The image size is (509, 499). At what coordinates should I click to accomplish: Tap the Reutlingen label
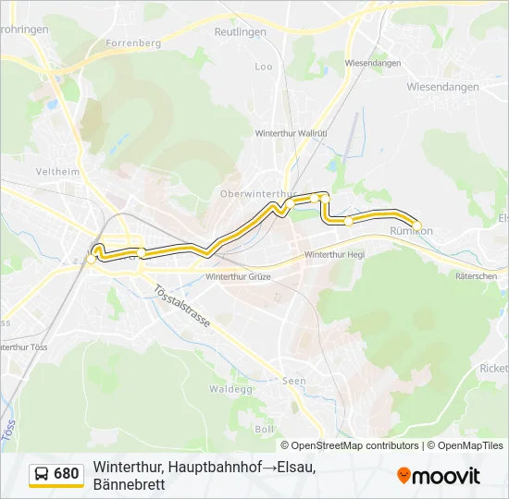pyautogui.click(x=241, y=31)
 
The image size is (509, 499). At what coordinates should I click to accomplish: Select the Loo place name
pyautogui.click(x=264, y=67)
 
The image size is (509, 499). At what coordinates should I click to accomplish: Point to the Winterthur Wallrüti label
pyautogui.click(x=291, y=133)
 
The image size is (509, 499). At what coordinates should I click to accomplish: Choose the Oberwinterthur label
pyautogui.click(x=256, y=193)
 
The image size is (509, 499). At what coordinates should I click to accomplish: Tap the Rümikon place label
pyautogui.click(x=411, y=230)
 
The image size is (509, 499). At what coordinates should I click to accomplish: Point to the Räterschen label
pyautogui.click(x=478, y=275)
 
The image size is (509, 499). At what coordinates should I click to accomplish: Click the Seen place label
pyautogui.click(x=293, y=381)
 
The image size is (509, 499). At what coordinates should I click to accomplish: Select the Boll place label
pyautogui.click(x=264, y=430)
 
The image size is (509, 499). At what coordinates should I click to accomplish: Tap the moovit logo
pyautogui.click(x=439, y=476)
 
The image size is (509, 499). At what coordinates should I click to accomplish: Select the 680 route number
pyautogui.click(x=67, y=474)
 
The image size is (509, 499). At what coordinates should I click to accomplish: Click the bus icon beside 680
pyautogui.click(x=42, y=474)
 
